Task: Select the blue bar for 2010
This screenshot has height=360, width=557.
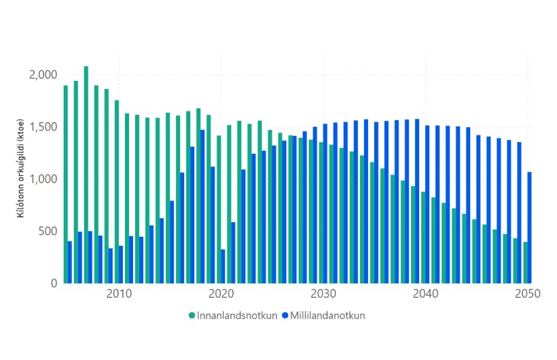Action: (121, 264)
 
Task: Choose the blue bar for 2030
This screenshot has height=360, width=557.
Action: (325, 204)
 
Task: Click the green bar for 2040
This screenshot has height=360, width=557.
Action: (423, 238)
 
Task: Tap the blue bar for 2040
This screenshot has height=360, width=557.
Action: (427, 204)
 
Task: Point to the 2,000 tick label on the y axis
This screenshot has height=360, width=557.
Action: (44, 75)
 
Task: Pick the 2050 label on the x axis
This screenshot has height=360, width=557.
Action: (527, 294)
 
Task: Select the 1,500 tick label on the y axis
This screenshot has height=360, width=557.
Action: (44, 127)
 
